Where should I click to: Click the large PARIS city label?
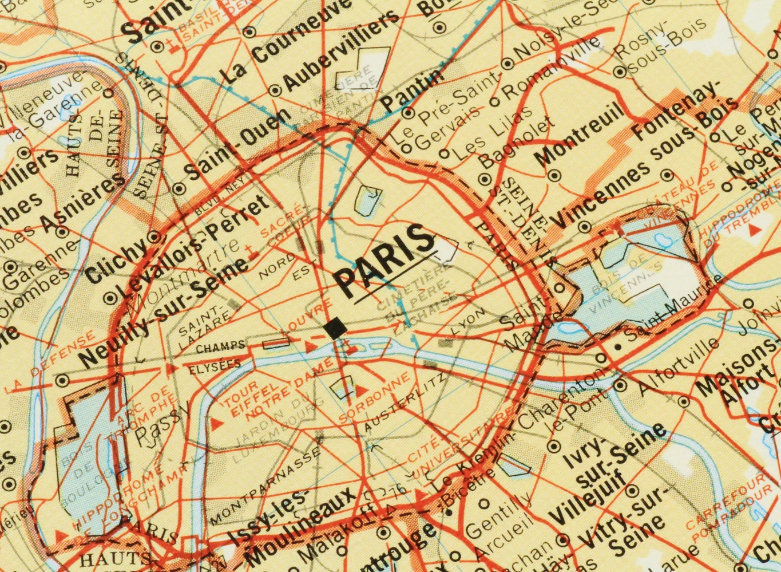[384, 258]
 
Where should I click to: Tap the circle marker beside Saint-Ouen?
[179, 188]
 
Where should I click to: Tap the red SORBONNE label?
[375, 396]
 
